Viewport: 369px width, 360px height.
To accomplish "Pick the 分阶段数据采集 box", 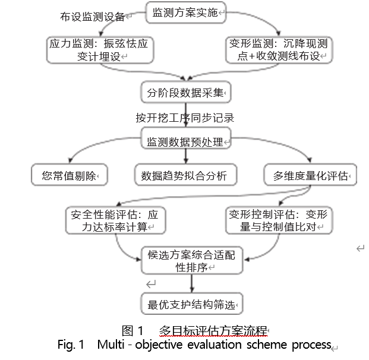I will (185, 93).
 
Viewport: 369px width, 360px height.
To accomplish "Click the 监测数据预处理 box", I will (185, 143).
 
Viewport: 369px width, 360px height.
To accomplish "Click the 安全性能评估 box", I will (115, 220).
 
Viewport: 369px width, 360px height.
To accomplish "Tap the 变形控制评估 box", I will (277, 220).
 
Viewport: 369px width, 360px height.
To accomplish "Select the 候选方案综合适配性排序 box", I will (192, 261).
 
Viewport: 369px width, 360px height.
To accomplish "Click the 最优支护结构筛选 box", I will (192, 305).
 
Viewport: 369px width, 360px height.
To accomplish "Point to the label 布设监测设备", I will (93, 17).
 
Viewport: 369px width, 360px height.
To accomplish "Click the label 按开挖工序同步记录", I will (185, 118).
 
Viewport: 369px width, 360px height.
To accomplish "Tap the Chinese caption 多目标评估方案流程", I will (213, 331).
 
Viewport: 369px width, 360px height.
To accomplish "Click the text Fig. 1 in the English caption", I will (71, 345).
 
